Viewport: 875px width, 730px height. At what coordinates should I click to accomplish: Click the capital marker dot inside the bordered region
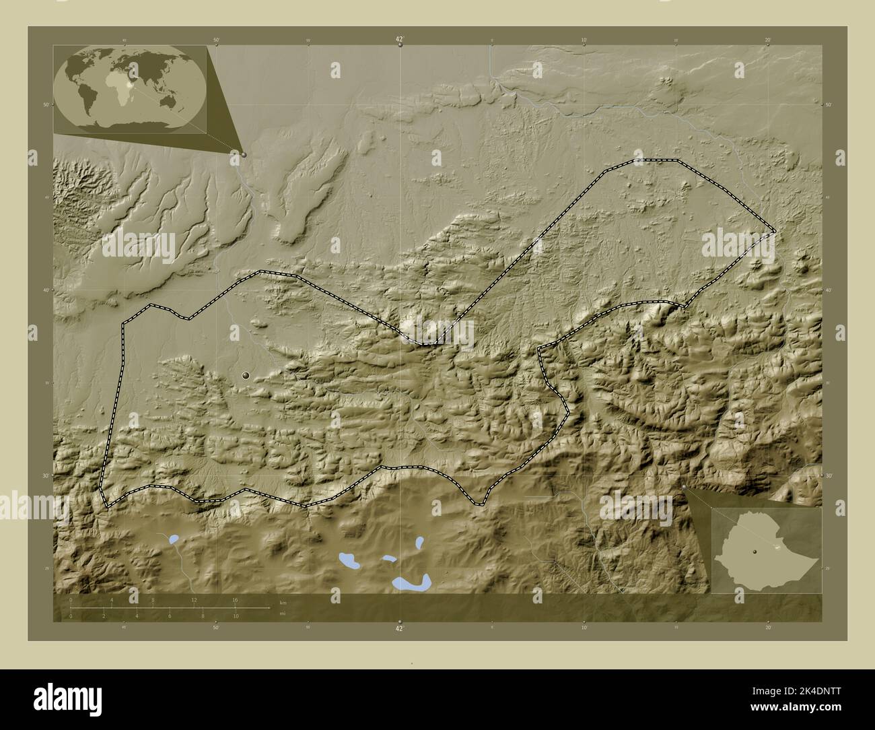246,375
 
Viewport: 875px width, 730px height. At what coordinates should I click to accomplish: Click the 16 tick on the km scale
235,599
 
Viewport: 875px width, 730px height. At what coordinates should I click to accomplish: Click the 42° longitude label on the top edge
399,40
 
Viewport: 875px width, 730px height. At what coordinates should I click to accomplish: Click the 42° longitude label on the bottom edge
399,628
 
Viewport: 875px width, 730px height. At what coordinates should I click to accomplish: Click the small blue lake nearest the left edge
174,539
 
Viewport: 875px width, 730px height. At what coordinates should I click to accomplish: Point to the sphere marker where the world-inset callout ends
244,154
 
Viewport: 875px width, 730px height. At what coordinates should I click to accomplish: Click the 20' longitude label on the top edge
767,40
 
